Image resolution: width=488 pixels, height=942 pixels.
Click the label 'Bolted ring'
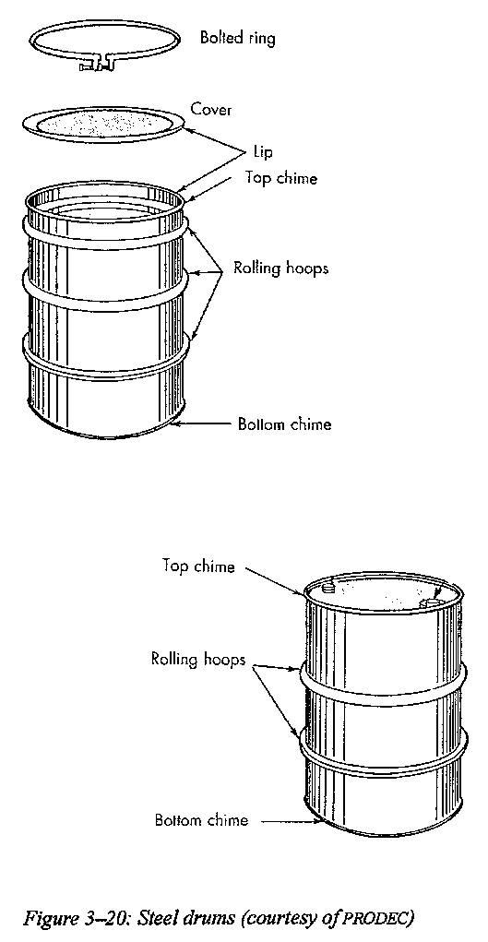238,40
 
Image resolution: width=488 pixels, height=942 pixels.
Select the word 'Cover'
211,110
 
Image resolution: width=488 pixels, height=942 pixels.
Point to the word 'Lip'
263,152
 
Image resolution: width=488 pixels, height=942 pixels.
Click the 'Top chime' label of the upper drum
280,178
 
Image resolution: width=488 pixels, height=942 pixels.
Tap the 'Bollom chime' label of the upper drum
284,424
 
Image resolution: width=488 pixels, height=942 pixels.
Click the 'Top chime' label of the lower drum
198,566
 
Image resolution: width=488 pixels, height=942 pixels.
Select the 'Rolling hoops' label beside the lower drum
199,660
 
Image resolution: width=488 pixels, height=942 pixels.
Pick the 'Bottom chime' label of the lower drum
201,819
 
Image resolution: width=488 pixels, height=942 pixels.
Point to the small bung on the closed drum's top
327,585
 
